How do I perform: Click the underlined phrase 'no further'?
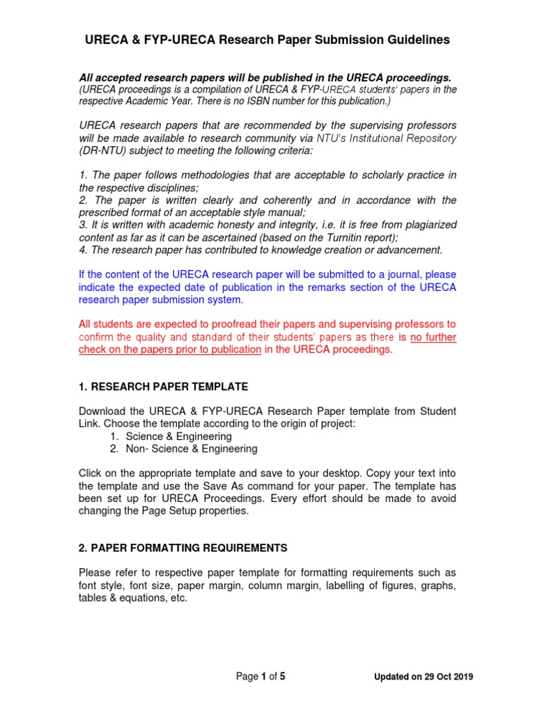pyautogui.click(x=433, y=337)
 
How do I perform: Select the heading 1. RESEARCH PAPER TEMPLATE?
pyautogui.click(x=164, y=386)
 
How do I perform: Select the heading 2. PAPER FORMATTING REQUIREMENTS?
pyautogui.click(x=183, y=548)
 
